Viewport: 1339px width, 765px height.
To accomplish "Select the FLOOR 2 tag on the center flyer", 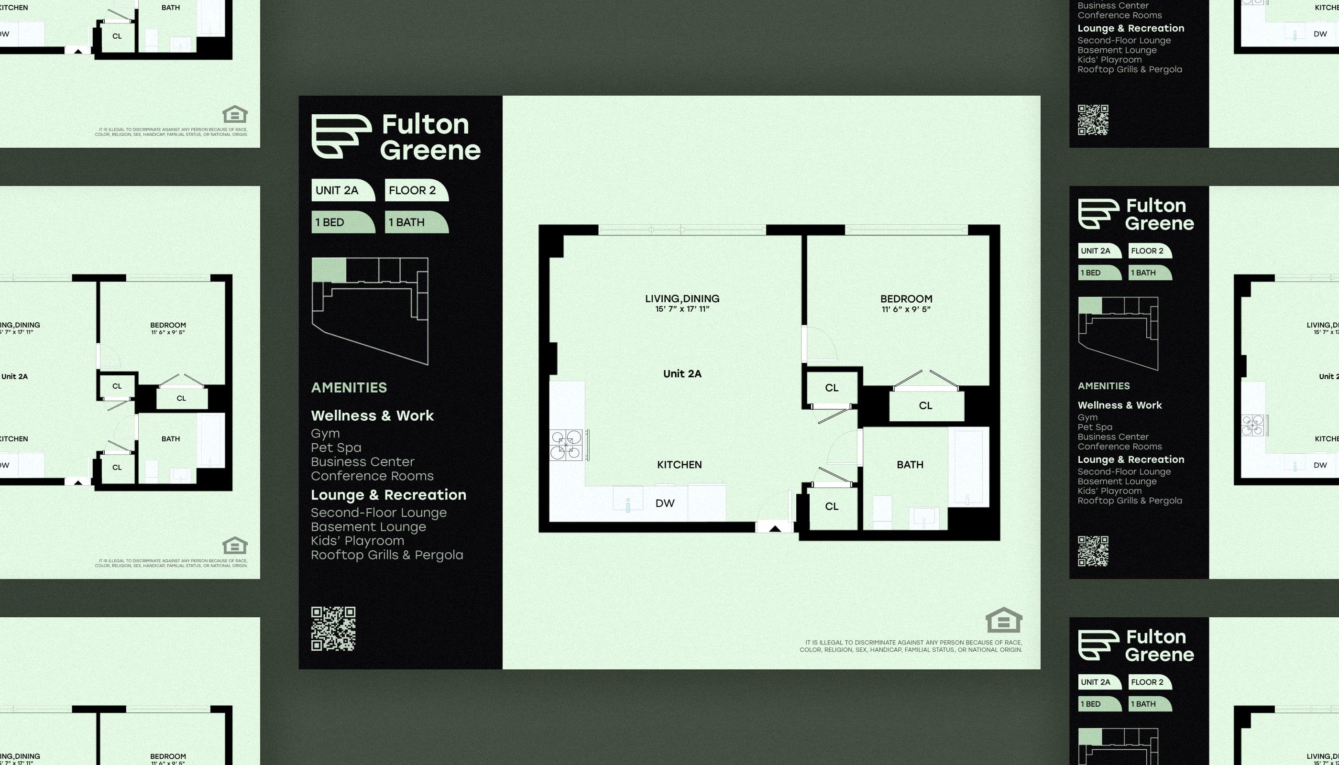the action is [416, 190].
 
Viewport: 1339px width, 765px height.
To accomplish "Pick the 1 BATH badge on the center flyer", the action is [416, 222].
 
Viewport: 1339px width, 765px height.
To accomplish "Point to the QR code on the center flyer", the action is [333, 628].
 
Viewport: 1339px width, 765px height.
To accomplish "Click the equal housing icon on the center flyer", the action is [1004, 621].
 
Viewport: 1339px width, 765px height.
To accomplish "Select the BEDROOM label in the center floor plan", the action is [907, 298].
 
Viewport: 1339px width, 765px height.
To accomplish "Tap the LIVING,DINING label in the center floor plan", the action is [682, 298].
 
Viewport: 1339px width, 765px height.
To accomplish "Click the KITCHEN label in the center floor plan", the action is [680, 464].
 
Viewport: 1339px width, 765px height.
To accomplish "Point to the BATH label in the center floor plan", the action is [910, 464].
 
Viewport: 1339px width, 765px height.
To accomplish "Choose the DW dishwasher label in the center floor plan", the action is [665, 503].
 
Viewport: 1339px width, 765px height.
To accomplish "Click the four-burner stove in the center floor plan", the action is [566, 445].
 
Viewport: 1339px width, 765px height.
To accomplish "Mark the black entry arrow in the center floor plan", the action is [775, 528].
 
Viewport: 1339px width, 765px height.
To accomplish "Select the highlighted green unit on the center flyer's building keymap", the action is [329, 270].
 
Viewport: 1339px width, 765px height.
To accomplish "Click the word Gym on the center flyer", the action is [325, 434].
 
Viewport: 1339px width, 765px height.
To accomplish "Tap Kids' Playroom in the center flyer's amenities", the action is [357, 541].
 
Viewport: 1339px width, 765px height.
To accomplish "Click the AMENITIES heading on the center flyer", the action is [349, 388].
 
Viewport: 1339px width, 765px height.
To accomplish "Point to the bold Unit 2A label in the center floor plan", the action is [682, 373].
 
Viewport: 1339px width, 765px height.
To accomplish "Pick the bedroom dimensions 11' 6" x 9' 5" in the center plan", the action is [907, 309].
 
